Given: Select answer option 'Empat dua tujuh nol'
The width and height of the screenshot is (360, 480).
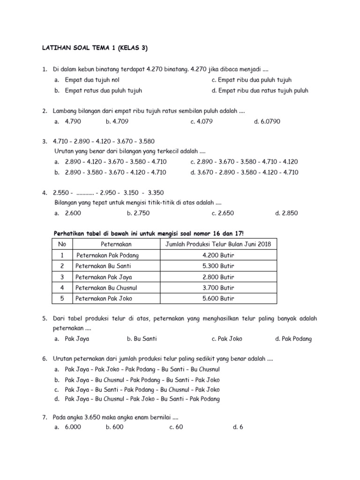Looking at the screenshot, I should (92, 80).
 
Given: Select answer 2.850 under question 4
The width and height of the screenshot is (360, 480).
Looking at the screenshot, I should (287, 213).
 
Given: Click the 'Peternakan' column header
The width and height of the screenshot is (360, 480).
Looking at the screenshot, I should (116, 244).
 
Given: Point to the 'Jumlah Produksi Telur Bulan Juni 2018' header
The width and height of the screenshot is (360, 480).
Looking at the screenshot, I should (218, 244).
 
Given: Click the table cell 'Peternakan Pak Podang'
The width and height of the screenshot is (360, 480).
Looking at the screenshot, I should (107, 255).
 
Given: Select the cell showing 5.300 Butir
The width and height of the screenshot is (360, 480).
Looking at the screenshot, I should (218, 266).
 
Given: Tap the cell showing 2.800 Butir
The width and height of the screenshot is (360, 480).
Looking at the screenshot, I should (218, 277).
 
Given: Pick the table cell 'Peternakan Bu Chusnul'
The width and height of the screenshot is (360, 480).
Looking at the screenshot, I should (106, 287).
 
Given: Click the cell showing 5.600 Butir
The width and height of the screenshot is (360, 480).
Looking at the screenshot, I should (218, 298).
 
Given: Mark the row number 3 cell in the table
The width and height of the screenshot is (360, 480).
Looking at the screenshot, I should (62, 277).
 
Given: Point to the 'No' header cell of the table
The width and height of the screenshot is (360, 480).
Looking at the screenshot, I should (62, 244).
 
